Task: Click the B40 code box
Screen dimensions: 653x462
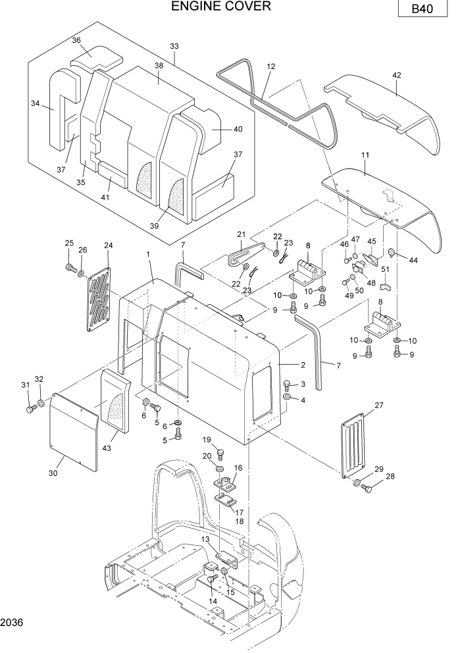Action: (422, 10)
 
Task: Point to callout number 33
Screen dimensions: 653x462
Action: (174, 46)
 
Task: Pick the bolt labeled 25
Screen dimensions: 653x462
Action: (70, 267)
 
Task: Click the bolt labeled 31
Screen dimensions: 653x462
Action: (30, 408)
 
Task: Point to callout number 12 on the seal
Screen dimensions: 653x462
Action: (270, 66)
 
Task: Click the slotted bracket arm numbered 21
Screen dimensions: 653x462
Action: (244, 253)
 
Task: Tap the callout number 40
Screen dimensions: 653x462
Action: (238, 129)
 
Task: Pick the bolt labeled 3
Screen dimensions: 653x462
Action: (287, 384)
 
